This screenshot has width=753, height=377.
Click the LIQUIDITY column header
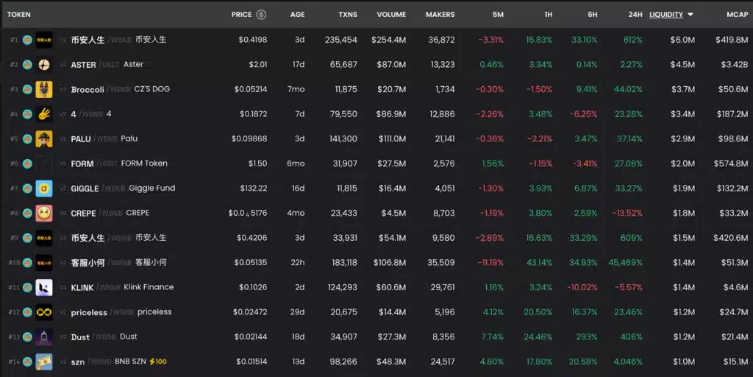point(665,15)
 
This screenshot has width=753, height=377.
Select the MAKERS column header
point(440,15)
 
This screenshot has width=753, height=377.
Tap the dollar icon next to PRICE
point(261,15)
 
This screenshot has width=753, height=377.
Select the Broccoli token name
point(87,90)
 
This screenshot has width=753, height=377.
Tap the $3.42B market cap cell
point(732,65)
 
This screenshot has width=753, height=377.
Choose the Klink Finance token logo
point(44,288)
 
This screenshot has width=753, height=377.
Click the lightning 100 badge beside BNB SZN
point(157,362)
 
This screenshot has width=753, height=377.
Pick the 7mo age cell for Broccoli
point(297,90)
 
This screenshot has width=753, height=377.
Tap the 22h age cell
point(297,263)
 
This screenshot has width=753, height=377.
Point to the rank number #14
point(13,362)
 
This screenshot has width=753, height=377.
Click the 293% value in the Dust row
point(586,337)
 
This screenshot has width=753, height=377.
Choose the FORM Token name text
point(146,163)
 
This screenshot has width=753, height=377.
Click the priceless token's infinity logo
point(44,312)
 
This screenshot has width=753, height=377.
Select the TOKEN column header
point(19,15)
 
